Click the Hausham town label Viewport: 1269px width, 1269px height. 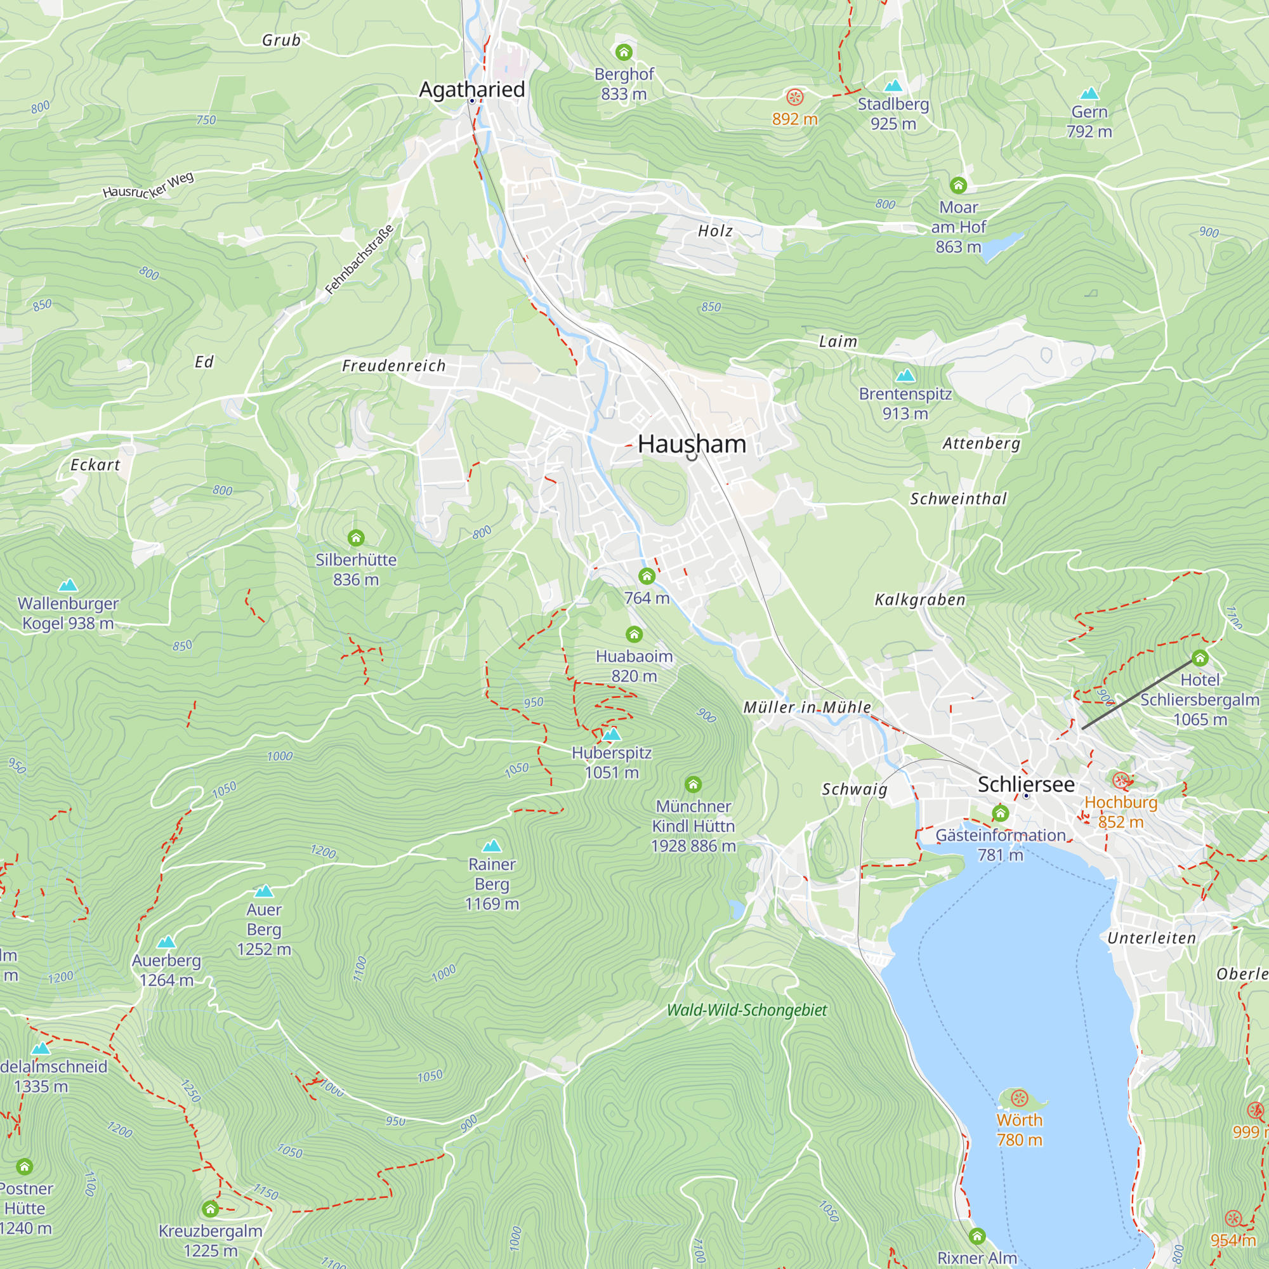[692, 444]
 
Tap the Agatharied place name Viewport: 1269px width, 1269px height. [471, 89]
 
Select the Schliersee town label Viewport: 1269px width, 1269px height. [1025, 784]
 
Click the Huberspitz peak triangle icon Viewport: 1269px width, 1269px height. [612, 733]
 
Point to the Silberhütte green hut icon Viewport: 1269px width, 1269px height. [356, 538]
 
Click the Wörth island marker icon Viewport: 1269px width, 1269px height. [1019, 1098]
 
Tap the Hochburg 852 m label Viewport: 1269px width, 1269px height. [1121, 812]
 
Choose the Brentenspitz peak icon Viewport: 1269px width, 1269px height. [905, 375]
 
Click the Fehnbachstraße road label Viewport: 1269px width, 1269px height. [359, 260]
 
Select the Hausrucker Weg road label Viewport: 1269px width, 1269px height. [148, 185]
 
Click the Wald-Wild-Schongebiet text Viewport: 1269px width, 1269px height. [747, 1010]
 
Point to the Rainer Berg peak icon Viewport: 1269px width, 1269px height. [491, 845]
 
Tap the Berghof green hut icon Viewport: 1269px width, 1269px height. [623, 52]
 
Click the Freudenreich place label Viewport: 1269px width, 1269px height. [393, 366]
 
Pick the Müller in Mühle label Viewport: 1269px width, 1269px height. [807, 707]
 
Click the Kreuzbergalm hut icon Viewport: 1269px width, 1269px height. [210, 1209]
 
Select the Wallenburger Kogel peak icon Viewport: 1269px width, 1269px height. [68, 584]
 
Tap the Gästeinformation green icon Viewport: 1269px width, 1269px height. [1000, 814]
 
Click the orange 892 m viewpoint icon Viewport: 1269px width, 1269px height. [795, 97]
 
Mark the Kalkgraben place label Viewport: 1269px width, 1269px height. [920, 600]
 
